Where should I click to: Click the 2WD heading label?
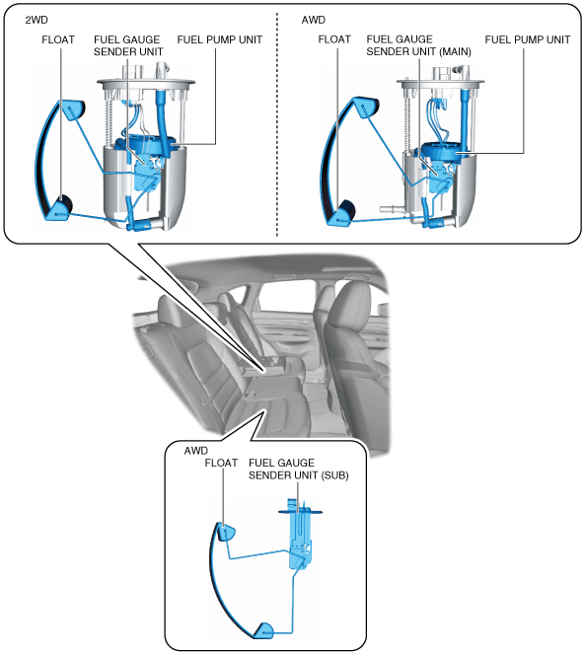point(37,20)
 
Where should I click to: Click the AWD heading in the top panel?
point(313,20)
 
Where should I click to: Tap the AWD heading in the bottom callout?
point(195,451)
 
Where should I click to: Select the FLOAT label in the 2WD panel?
point(58,39)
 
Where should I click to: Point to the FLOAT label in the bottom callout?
point(221,463)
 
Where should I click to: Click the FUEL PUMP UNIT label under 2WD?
point(220,39)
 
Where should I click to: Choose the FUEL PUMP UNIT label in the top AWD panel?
point(528,39)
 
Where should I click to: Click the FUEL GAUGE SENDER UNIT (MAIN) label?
point(418,45)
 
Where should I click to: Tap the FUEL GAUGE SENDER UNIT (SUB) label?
point(298,470)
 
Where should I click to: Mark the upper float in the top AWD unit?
point(366,108)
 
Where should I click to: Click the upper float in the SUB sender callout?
point(226,532)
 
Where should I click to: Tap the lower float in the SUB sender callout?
point(263,629)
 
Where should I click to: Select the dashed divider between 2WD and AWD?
point(277,124)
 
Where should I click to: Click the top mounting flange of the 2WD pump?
point(146,84)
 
